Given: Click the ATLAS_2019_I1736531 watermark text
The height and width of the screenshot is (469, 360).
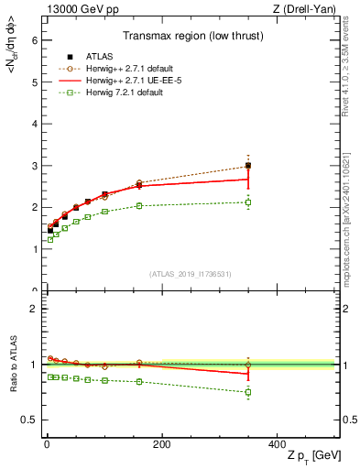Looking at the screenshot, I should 190,274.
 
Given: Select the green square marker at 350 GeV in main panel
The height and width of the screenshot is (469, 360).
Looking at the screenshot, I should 248,202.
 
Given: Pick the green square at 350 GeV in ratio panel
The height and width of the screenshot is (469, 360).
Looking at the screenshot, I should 248,392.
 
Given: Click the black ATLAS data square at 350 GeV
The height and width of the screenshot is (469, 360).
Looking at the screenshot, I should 248,166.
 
